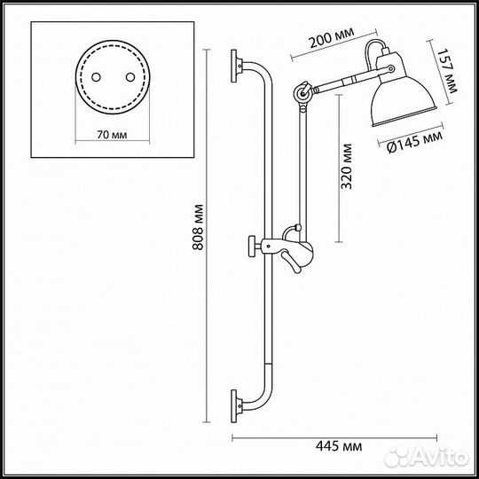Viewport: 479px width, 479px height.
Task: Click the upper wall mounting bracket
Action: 237,65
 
